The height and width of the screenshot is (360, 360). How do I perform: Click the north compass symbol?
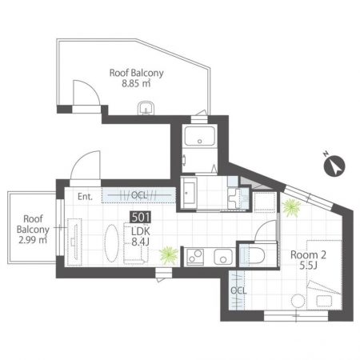(334, 166)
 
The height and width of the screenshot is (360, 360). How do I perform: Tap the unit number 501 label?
(140, 217)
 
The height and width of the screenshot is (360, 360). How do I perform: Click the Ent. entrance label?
(85, 197)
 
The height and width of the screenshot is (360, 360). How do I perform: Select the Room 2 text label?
(308, 255)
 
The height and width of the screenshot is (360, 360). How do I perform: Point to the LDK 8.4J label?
(141, 236)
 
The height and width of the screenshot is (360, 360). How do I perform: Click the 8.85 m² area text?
(136, 83)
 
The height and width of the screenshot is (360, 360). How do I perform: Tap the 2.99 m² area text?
(33, 240)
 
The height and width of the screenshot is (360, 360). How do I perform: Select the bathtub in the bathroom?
(200, 136)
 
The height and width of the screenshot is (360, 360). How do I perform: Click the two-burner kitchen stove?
(195, 257)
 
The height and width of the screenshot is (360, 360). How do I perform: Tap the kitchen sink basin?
(223, 257)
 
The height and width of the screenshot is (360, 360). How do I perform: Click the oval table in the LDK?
(111, 243)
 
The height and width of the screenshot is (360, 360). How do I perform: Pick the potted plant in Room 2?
(291, 207)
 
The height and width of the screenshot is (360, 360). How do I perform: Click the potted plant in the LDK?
(169, 254)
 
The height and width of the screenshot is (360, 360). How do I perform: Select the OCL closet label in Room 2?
(238, 290)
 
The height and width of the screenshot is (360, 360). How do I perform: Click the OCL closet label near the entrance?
(139, 195)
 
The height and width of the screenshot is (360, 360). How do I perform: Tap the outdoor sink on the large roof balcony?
(146, 108)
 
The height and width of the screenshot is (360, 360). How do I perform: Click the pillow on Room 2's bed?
(325, 301)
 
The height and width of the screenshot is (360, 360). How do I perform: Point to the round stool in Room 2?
(298, 301)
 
